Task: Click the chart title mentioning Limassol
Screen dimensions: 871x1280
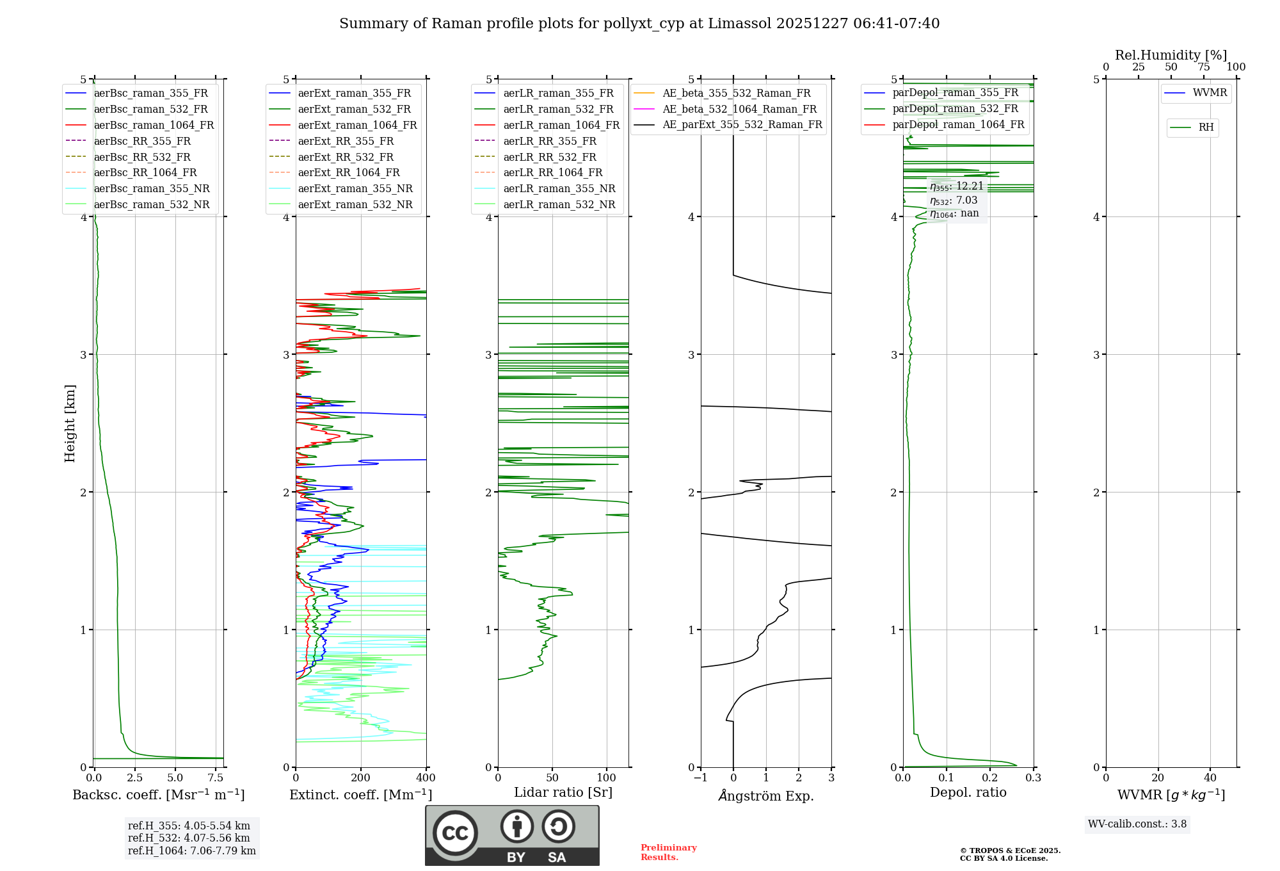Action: tap(639, 24)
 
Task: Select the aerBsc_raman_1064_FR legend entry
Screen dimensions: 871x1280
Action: tap(154, 126)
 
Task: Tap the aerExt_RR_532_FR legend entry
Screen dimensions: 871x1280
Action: tap(346, 157)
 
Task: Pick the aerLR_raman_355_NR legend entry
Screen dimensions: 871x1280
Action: tap(559, 188)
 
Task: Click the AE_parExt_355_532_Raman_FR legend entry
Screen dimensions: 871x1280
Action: tap(742, 125)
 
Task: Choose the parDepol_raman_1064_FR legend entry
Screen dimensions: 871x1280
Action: tap(958, 125)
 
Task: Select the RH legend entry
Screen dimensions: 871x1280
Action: tap(1206, 127)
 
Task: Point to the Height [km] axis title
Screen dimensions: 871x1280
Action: tap(70, 423)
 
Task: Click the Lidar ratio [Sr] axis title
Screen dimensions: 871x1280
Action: tap(563, 792)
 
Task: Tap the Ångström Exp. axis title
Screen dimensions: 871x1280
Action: tap(766, 795)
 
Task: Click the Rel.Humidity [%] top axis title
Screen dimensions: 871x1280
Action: tap(1171, 55)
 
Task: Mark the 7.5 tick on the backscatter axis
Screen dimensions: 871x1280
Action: tap(216, 778)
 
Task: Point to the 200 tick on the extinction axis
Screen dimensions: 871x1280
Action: tap(361, 778)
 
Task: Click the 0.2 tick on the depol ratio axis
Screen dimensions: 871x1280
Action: tap(990, 778)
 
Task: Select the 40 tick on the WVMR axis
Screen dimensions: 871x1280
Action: tap(1210, 778)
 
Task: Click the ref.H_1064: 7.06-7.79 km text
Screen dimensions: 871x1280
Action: tap(191, 851)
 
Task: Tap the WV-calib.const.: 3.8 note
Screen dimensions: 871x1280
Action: tap(1137, 824)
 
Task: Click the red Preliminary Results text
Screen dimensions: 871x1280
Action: tap(668, 852)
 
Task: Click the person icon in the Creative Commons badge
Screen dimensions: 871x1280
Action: tap(517, 827)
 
